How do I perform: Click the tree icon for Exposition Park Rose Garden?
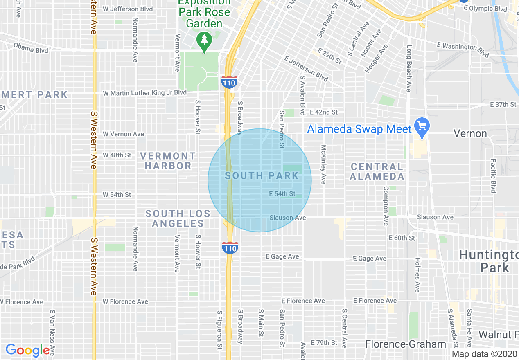coord(204,41)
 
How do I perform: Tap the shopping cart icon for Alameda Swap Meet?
coord(421,125)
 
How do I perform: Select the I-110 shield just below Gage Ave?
coord(230,248)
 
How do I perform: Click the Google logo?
coord(27,350)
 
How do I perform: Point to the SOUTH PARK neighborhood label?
coord(262,176)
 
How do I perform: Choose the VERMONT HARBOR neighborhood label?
coord(168,161)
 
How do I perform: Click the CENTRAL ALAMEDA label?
coord(377,171)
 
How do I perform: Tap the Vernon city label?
coord(470,134)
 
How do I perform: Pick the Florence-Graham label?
coord(405,344)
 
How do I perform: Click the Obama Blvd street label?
coord(31,48)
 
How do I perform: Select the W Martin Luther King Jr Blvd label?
coord(144,93)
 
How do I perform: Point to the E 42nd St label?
coord(324,112)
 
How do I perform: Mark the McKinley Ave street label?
coord(323,164)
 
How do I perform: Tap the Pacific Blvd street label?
coord(493,175)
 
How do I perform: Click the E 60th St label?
coord(402,238)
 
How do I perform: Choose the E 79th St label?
coord(324,342)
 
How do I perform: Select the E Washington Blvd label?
coord(463,49)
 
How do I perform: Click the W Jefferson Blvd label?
coord(128,9)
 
